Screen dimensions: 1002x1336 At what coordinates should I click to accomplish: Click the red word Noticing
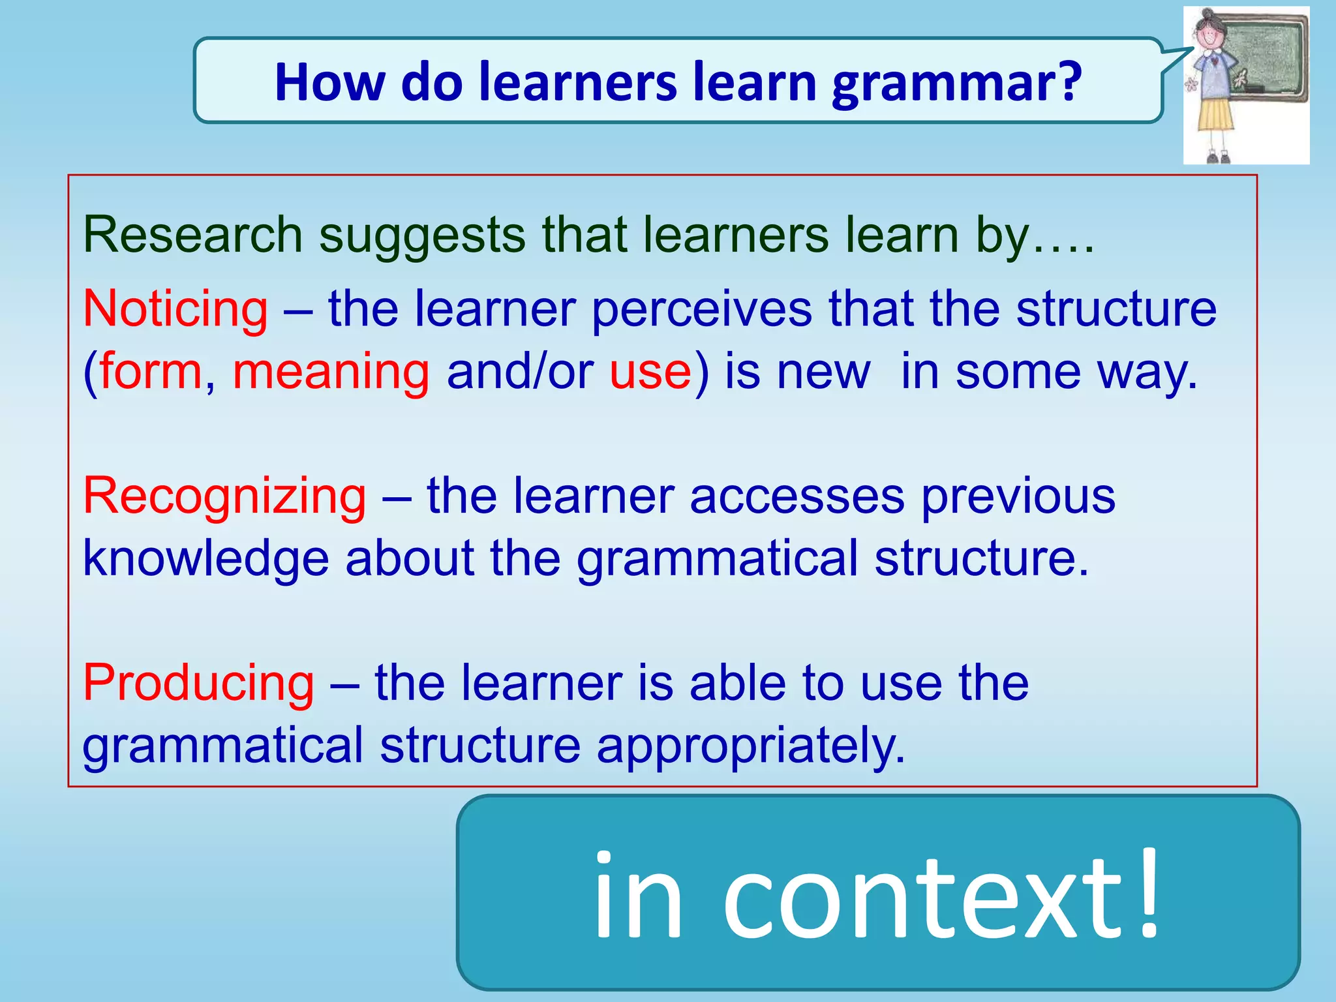coord(175,309)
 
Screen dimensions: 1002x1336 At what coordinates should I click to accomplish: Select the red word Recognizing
coord(224,496)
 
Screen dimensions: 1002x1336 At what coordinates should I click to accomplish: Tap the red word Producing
coord(198,683)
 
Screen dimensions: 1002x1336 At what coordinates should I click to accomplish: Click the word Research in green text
coord(192,235)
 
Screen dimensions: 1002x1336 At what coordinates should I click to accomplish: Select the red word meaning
coord(331,371)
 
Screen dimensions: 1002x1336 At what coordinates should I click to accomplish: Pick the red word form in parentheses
coord(150,371)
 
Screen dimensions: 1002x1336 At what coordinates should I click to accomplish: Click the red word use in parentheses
coord(650,371)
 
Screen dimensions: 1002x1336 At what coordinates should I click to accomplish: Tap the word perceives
coord(701,309)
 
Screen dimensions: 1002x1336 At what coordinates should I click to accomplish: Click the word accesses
coord(797,496)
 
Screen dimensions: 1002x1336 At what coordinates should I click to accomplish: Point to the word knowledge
coord(205,558)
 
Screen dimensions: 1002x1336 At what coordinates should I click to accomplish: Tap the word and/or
coord(519,371)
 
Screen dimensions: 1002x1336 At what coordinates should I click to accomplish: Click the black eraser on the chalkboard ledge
coord(1254,89)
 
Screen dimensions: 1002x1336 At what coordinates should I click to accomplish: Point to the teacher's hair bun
coord(1207,13)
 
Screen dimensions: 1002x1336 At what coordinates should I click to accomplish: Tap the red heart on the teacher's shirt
coord(1215,61)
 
